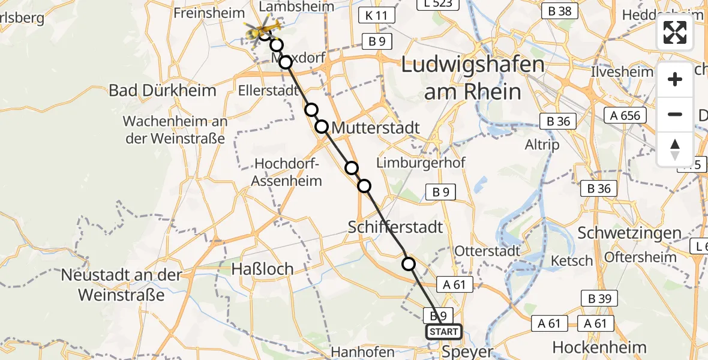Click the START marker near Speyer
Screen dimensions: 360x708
point(443,332)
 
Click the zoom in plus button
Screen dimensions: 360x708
point(675,79)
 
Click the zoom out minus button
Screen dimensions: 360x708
point(675,114)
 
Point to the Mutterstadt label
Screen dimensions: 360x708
point(376,127)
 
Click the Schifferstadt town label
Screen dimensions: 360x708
point(396,227)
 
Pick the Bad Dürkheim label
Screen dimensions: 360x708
point(162,91)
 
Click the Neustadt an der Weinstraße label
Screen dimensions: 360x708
point(121,285)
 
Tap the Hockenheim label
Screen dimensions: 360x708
point(599,347)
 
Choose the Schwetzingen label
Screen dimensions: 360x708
point(629,233)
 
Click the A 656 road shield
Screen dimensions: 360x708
point(626,116)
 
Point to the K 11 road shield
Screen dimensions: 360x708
point(376,15)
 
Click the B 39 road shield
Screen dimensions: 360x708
point(596,298)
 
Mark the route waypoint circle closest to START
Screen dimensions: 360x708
point(409,263)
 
